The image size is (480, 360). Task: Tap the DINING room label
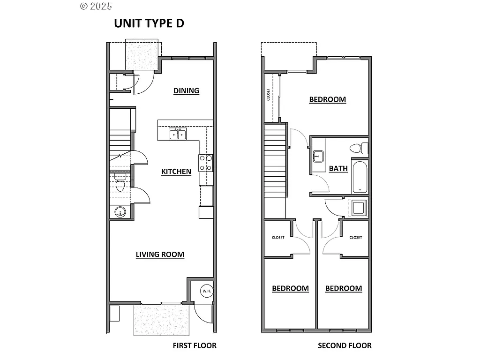coord(186,91)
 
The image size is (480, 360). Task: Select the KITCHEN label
coord(176,172)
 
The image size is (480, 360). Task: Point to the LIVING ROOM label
coord(160,255)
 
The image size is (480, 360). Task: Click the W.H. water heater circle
coord(207,291)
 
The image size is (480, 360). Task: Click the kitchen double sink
coord(178,135)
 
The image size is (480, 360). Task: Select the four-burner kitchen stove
coord(206,163)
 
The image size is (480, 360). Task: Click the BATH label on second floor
coord(338,169)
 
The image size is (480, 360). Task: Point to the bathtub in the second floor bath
coord(360,177)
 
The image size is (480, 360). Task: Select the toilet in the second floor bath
coord(359,149)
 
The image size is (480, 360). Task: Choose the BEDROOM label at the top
coord(327,99)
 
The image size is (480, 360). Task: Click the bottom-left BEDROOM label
coord(290,289)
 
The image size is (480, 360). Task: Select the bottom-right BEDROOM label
coord(344,289)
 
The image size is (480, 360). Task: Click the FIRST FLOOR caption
coord(195,346)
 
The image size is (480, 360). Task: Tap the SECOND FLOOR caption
coord(345,346)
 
